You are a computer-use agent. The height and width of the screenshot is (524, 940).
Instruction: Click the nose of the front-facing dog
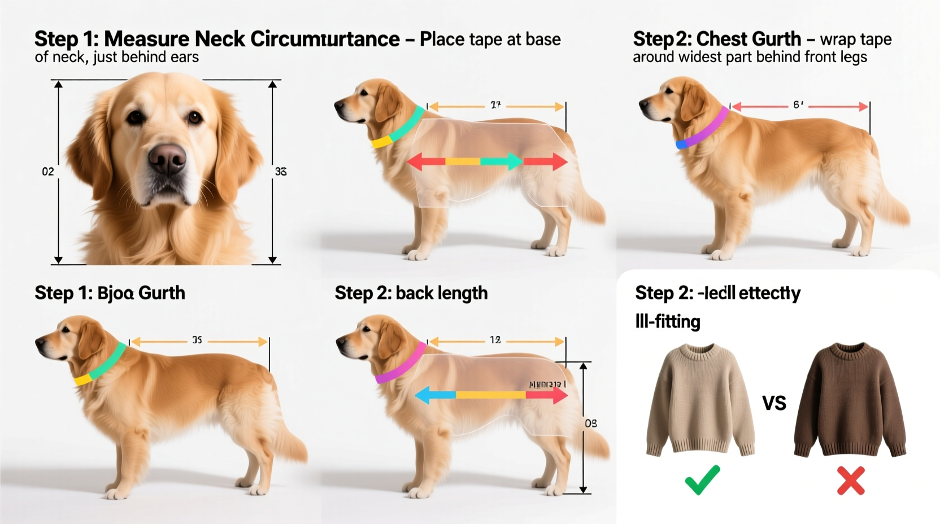pyautogui.click(x=167, y=159)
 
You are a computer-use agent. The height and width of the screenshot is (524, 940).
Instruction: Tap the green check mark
pyautogui.click(x=702, y=480)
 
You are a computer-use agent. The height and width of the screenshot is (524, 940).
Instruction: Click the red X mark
pyautogui.click(x=851, y=481)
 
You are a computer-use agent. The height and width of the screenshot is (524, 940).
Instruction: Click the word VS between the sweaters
pyautogui.click(x=774, y=403)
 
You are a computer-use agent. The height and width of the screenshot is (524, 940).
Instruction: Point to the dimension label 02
pyautogui.click(x=48, y=172)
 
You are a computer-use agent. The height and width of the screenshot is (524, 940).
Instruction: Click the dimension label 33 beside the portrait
pyautogui.click(x=281, y=172)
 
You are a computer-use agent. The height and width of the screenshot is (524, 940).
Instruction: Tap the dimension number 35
pyautogui.click(x=197, y=340)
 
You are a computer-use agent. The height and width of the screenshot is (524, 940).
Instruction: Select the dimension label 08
pyautogui.click(x=591, y=423)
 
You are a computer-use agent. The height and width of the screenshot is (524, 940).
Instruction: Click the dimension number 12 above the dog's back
pyautogui.click(x=495, y=340)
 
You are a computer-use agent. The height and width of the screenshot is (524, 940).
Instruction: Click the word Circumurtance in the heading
pyautogui.click(x=325, y=39)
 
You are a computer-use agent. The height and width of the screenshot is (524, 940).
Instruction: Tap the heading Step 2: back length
pyautogui.click(x=411, y=293)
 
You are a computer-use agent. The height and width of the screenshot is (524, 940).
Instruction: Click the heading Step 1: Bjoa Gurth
pyautogui.click(x=110, y=293)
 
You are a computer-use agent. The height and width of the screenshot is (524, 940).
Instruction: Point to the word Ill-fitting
pyautogui.click(x=668, y=322)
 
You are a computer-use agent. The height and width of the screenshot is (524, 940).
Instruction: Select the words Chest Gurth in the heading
pyautogui.click(x=748, y=39)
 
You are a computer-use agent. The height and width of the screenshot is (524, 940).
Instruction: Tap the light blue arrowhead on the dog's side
pyautogui.click(x=423, y=396)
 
